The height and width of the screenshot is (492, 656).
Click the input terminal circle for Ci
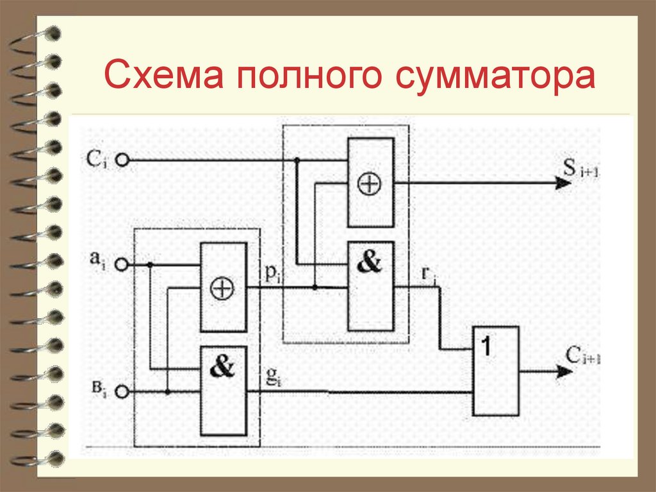[122, 160]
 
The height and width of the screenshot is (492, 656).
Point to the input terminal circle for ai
[122, 264]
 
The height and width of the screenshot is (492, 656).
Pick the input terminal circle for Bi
[122, 392]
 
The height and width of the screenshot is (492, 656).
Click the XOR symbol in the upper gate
[369, 184]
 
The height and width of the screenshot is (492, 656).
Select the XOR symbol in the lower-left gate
[223, 288]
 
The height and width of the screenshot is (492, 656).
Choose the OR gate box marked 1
[496, 370]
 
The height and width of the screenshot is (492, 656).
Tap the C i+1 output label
[582, 354]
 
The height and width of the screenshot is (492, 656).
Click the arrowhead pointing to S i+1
[563, 183]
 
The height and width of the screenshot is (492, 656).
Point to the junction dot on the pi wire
[315, 287]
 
